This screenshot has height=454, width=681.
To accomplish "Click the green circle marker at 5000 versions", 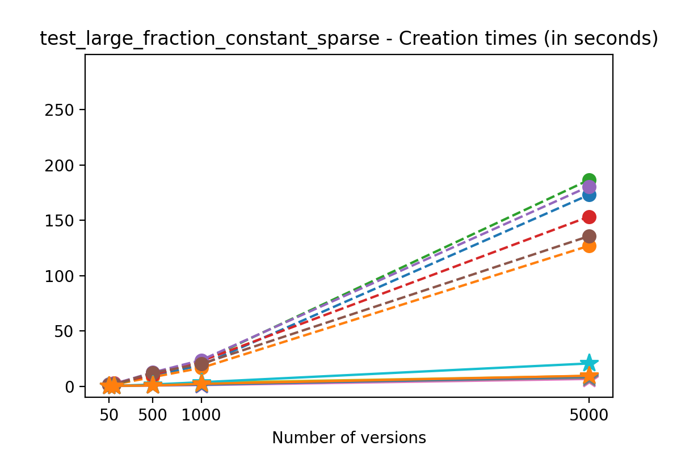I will tap(589, 180).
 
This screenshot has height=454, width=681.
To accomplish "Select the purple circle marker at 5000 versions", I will tap(589, 187).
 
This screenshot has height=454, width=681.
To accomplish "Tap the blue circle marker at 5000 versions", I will tap(589, 195).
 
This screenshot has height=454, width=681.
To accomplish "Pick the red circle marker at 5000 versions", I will tap(589, 217).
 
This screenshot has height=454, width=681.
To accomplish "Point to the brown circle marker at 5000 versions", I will tap(589, 236).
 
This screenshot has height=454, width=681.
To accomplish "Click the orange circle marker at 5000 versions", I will tap(589, 246).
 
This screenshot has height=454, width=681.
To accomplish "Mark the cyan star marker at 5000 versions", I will tap(589, 363).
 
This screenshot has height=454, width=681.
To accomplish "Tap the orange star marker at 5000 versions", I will tap(589, 375).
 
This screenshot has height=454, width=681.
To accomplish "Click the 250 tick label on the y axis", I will tap(61, 110).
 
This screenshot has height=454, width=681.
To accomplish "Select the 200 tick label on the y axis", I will tap(61, 165).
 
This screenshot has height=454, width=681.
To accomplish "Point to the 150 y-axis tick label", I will tap(61, 220).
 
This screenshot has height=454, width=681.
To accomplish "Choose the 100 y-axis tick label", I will tap(61, 276).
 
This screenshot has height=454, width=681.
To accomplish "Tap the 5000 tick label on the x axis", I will tap(589, 414).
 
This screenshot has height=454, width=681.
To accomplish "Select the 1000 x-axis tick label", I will tap(201, 414).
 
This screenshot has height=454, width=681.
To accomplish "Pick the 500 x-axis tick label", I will tap(153, 414).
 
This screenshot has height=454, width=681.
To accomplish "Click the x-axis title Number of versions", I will tap(348, 438).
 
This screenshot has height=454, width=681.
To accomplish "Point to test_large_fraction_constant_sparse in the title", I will tap(209, 39).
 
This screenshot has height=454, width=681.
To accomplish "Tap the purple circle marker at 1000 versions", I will tap(201, 361).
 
